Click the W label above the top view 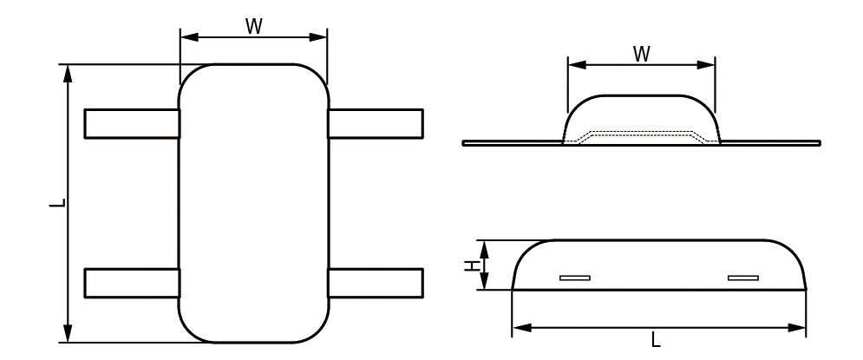(x=253, y=25)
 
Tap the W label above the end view (x=641, y=54)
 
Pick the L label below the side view (x=656, y=341)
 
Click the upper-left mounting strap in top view (x=132, y=123)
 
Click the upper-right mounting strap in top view (x=375, y=123)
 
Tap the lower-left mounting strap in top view (x=132, y=283)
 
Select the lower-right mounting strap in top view (x=375, y=283)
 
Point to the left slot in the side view (x=574, y=278)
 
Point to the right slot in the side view (x=743, y=278)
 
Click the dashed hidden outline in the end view (x=641, y=133)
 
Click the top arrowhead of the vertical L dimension (x=69, y=70)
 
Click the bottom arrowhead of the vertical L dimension (x=69, y=337)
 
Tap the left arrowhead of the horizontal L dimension (x=519, y=328)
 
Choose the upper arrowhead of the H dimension (x=486, y=245)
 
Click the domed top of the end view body (x=641, y=96)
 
